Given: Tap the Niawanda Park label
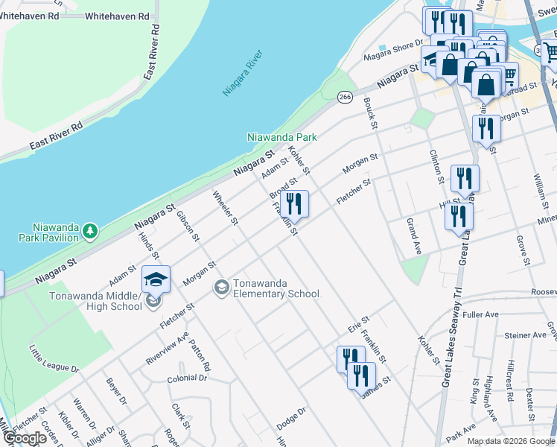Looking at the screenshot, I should click(x=282, y=137).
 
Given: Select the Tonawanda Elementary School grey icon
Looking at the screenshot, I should click(x=221, y=286).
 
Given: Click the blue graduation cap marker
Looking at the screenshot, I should click(x=156, y=279).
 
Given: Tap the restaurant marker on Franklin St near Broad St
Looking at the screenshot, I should click(x=294, y=203).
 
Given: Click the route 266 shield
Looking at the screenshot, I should click(x=344, y=97).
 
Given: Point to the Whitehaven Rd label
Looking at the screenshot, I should click(x=118, y=16).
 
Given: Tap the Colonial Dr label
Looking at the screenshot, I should click(x=187, y=378).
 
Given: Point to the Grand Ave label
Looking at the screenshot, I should click(x=414, y=236).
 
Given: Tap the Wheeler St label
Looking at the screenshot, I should click(x=225, y=209).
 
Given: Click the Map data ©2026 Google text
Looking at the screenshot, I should click(x=511, y=441).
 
